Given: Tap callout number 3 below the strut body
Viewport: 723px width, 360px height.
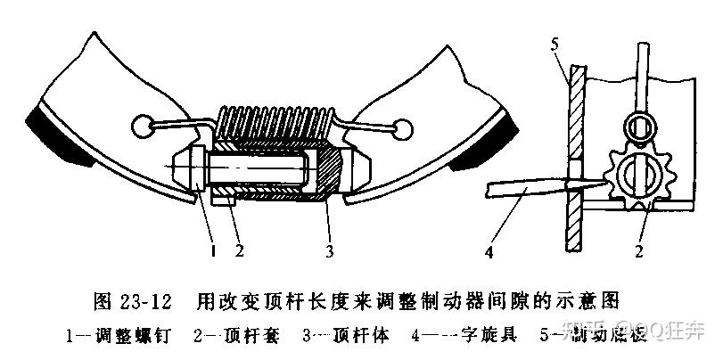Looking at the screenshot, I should click(329, 251).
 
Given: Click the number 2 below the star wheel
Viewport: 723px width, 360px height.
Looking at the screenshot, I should click(639, 251).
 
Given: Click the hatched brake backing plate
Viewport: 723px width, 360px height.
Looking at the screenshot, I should click(575, 151).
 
